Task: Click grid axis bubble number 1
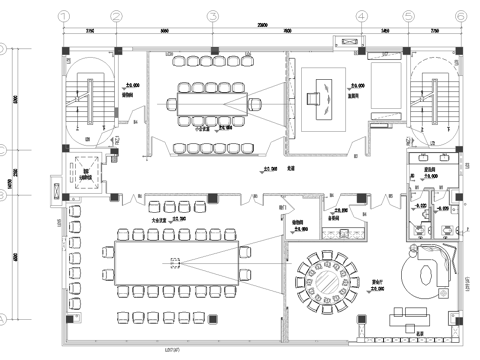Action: [x=65, y=16]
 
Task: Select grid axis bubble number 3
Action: [x=213, y=16]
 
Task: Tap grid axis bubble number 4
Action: [x=359, y=16]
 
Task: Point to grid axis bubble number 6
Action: [x=459, y=16]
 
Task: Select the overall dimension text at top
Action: [x=262, y=22]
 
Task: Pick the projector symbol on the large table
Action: [x=175, y=264]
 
